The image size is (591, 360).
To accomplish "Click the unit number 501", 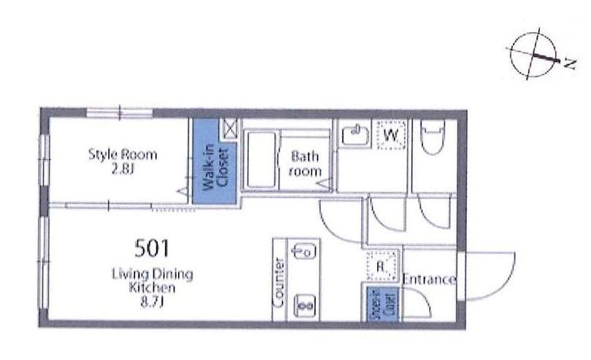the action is pos(152,249).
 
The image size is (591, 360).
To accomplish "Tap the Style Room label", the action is pos(123,155).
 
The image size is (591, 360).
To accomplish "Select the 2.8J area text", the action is pos(123,170).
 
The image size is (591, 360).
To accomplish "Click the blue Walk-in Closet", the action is pos(215,161).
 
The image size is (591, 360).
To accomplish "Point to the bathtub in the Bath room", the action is pos(260,160).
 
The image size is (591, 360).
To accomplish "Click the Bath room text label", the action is pos(305,164).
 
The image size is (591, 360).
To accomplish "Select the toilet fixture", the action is pos(433,137).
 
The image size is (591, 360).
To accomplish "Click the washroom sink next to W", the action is pos(355,134).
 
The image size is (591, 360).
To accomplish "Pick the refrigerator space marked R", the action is pos(382,266).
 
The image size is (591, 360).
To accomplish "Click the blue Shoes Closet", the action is pos(383,305).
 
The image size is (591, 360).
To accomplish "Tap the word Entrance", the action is pos(429,279).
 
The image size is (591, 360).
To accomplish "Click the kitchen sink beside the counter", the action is pos(304,251).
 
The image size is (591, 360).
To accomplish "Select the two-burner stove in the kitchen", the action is pos(305,305).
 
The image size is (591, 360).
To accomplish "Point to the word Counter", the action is pos(279,282).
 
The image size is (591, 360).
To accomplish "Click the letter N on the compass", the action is pos(570,64).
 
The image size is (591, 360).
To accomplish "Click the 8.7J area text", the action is pos(152,302).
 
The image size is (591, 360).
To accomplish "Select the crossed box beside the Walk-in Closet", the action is pos(230,129).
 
